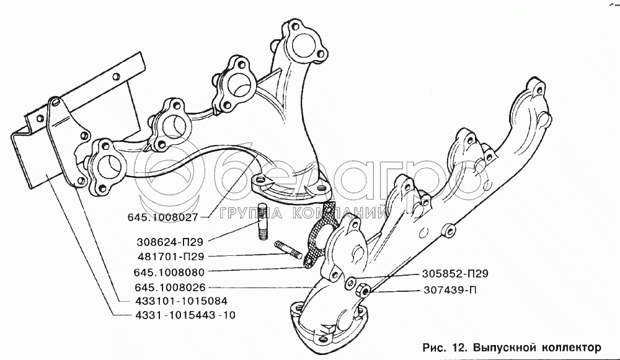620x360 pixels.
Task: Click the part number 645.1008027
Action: click(x=162, y=217)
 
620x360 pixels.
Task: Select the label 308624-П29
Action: click(x=170, y=242)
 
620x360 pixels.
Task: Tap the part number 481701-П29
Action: click(x=171, y=257)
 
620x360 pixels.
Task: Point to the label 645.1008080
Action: click(x=169, y=272)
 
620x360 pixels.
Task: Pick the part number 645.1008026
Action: click(x=170, y=288)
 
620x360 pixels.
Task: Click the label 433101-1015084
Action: click(x=181, y=301)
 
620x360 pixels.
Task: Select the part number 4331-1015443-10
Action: click(x=185, y=315)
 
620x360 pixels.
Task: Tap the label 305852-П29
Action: click(x=455, y=273)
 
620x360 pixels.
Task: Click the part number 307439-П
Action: click(x=450, y=290)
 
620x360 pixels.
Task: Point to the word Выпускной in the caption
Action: click(x=505, y=348)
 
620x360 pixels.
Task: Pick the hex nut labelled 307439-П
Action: click(x=362, y=291)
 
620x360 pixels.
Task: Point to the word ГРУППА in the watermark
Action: click(x=251, y=213)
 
